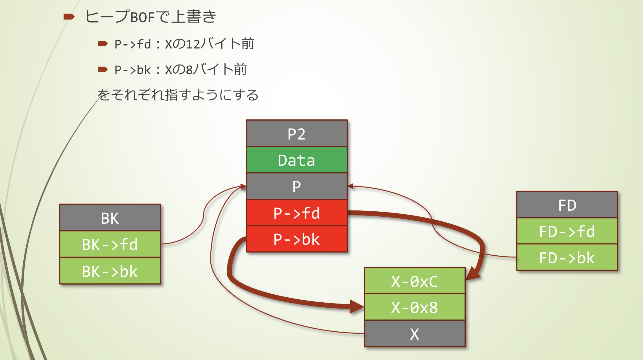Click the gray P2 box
point(297,134)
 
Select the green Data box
point(297,160)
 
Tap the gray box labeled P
point(297,186)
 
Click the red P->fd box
point(297,213)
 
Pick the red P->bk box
point(297,239)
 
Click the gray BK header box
point(110,218)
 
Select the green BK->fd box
point(110,244)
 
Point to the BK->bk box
point(110,271)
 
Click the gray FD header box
point(567,205)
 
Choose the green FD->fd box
point(567,231)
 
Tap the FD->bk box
point(567,257)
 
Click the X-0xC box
point(415,281)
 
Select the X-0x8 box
point(415,307)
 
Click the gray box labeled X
point(415,334)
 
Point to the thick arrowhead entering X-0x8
point(357,307)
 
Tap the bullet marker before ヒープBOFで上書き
point(69,17)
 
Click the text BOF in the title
point(142,17)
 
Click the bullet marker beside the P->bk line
point(103,69)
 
